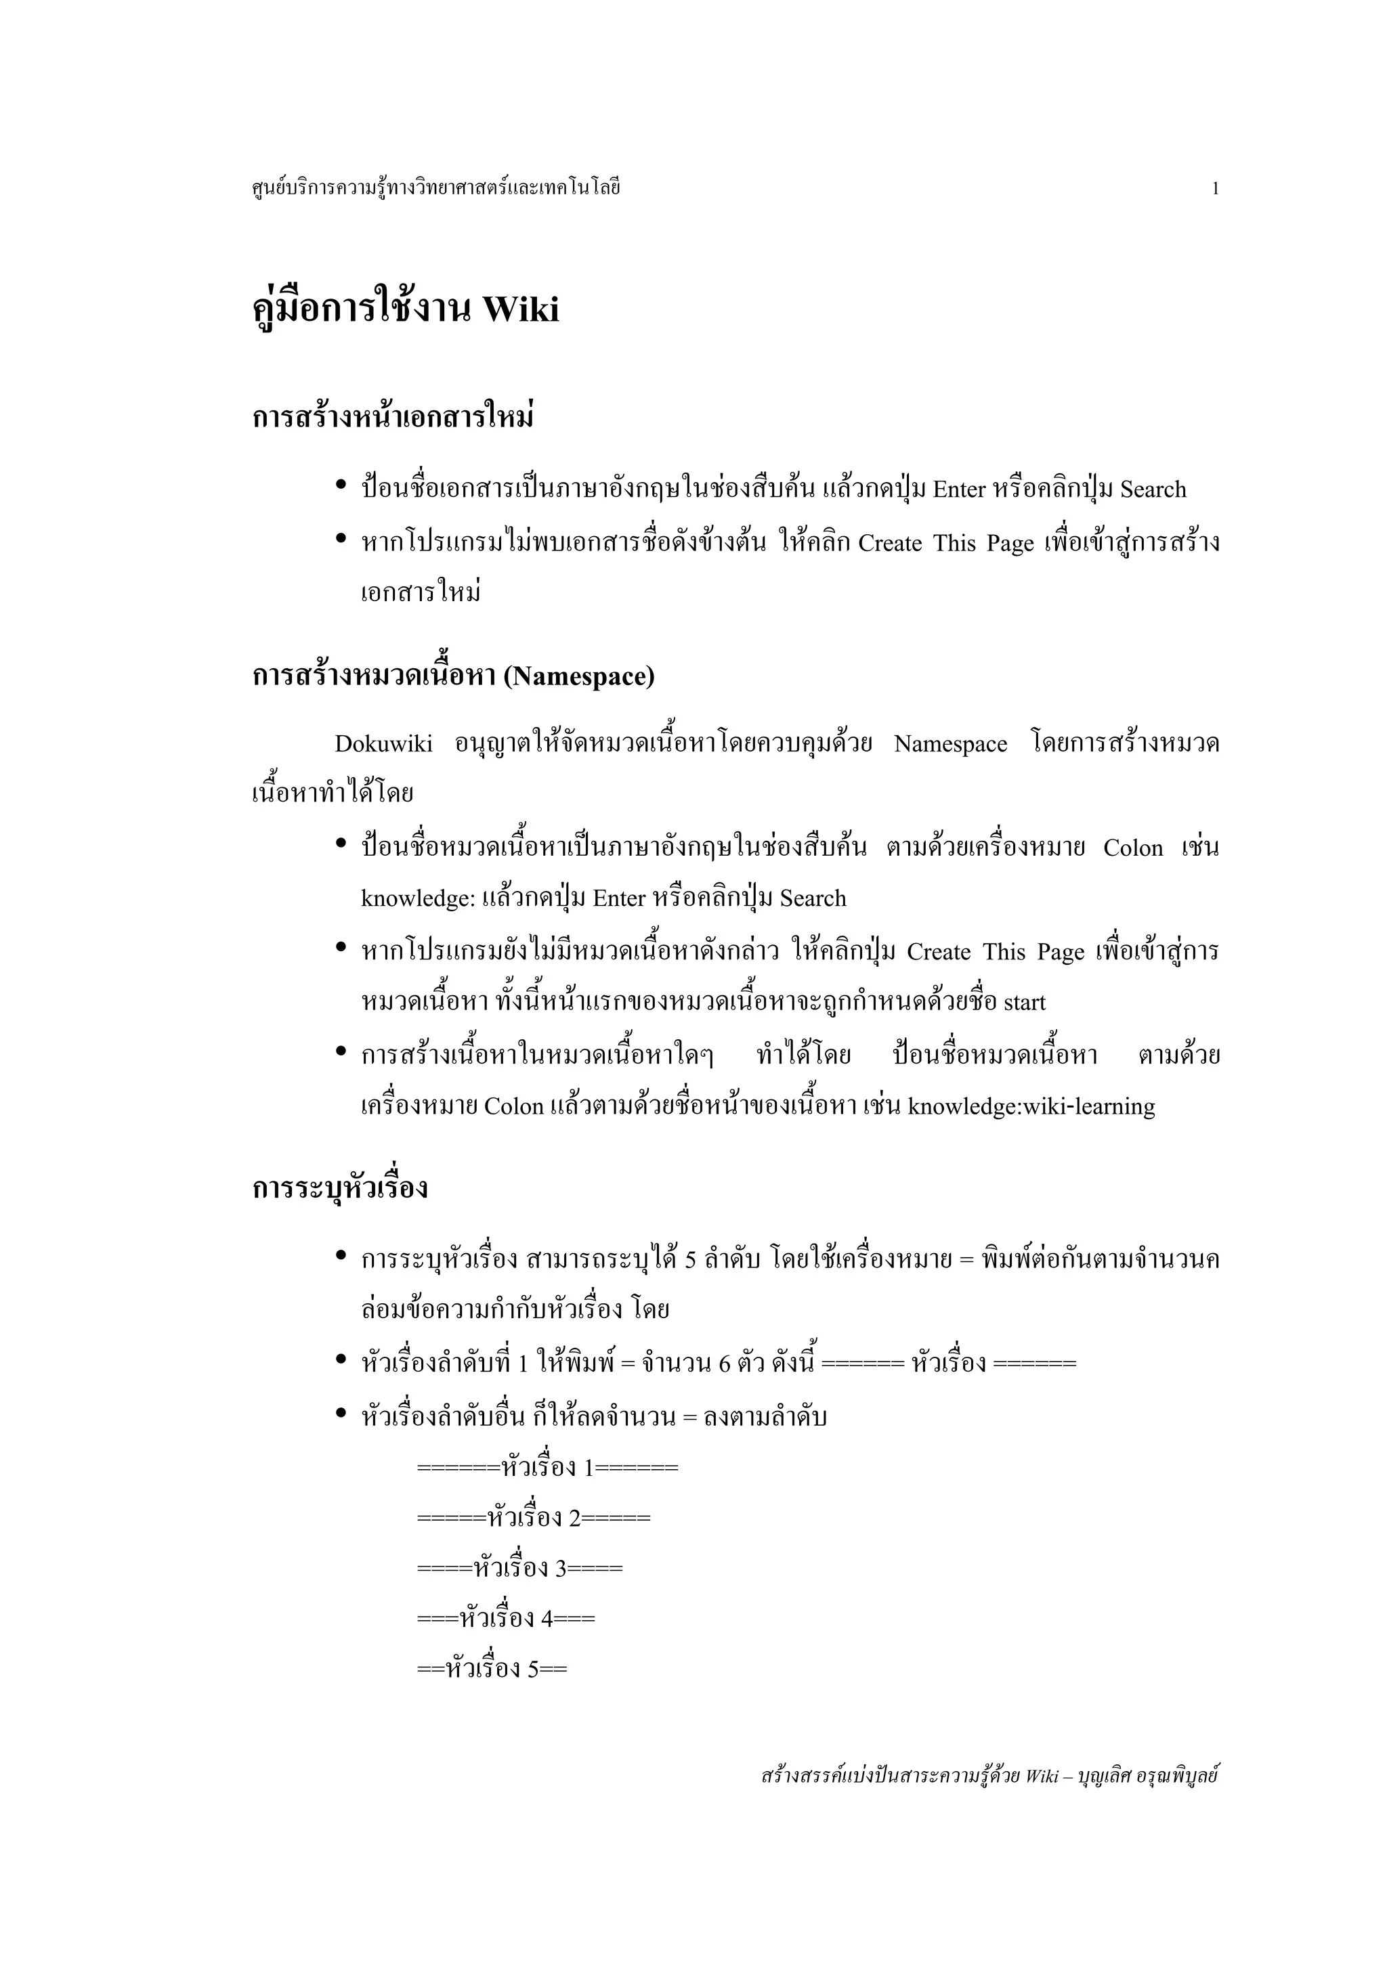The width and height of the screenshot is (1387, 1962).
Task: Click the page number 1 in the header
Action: coord(1214,189)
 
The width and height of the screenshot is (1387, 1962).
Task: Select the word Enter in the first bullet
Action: coord(959,489)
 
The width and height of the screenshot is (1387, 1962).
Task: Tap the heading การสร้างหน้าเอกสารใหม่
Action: coord(393,418)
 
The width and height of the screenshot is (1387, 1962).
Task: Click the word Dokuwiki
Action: coord(384,744)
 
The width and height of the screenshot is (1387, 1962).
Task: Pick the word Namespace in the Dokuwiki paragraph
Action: coord(950,744)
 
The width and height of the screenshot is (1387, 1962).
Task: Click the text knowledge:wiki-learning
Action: coord(1031,1107)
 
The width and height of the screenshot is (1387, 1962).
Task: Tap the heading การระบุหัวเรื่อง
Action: coord(340,1189)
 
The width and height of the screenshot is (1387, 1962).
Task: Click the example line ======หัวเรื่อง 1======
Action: coord(547,1468)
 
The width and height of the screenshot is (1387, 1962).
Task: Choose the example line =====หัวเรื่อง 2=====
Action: coord(533,1519)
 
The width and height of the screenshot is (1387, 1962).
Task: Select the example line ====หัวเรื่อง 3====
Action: coord(519,1568)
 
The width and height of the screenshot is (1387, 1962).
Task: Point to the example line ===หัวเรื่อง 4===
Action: coord(506,1619)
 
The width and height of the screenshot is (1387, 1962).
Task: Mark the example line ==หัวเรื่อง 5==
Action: coord(492,1669)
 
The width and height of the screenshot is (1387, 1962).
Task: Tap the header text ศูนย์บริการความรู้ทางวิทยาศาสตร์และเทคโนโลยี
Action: coord(436,188)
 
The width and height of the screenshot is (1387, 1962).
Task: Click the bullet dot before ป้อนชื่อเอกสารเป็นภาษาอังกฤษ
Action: coord(341,486)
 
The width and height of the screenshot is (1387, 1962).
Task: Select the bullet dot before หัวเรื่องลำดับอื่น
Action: coord(341,1414)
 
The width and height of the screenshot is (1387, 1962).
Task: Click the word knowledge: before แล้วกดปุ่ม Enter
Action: coord(417,899)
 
